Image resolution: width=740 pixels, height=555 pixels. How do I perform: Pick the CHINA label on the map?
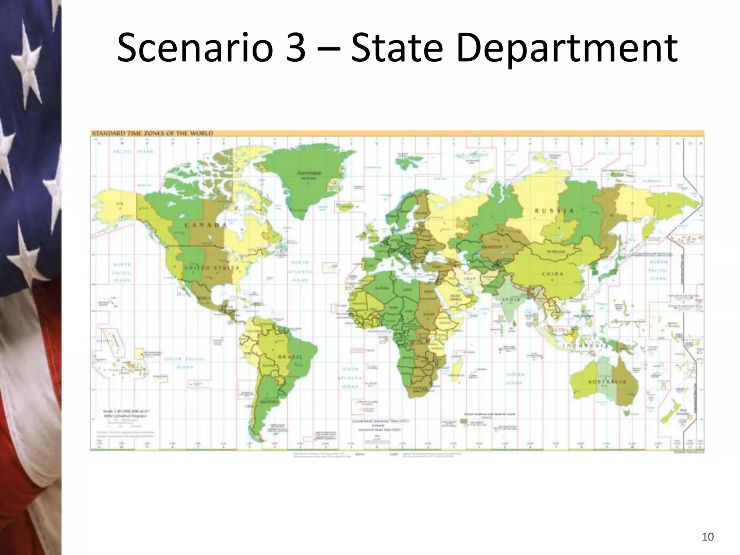552,274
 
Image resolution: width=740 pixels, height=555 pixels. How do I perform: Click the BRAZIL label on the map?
290,357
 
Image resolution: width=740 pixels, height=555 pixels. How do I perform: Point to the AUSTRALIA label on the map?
607,382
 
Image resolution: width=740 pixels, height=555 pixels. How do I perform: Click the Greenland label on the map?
309,173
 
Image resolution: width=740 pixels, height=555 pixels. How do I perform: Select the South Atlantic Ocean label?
350,378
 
